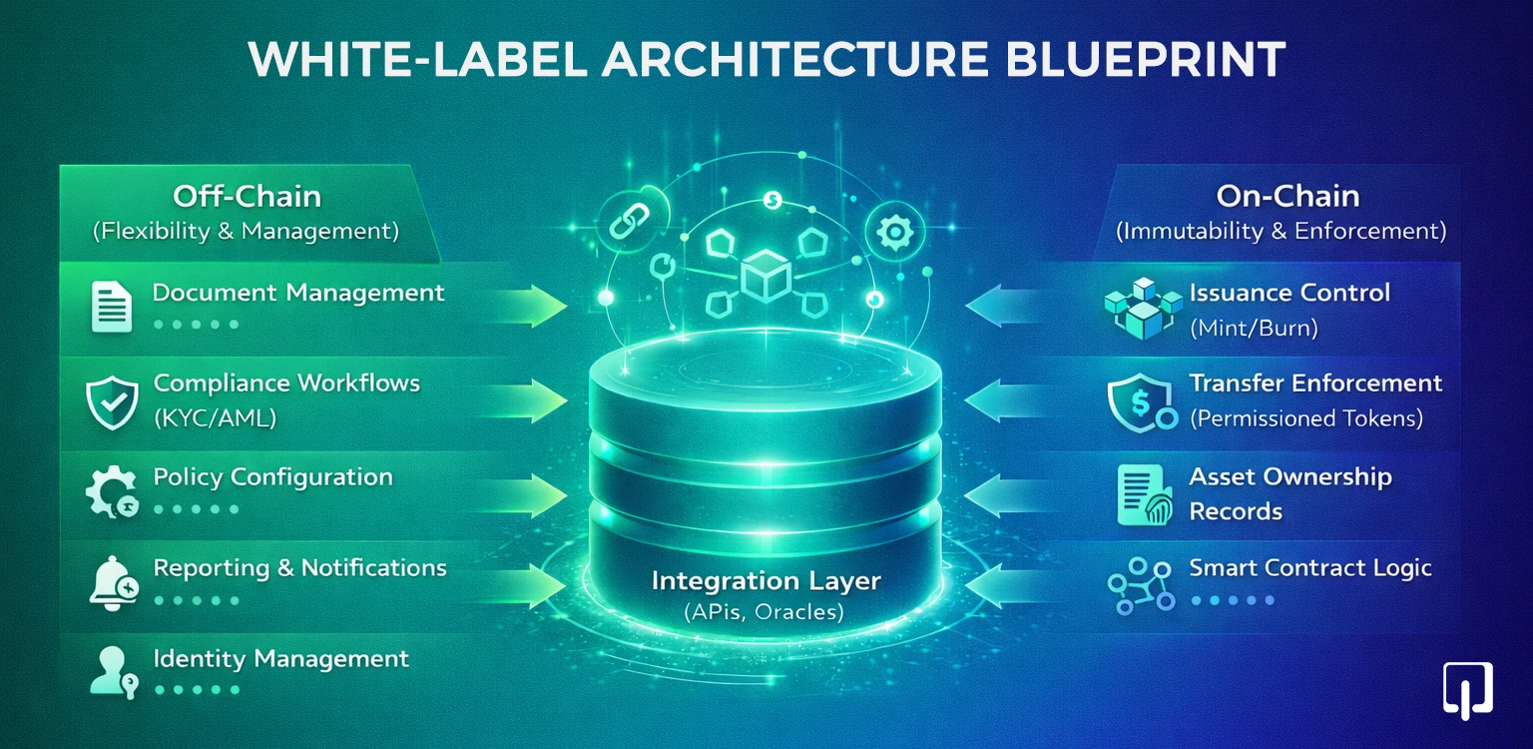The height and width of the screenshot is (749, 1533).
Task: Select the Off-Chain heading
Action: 247,196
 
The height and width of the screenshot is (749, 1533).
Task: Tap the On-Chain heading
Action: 1280,196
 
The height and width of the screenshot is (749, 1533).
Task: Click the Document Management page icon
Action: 111,307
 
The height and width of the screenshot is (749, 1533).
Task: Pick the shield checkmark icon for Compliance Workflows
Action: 111,401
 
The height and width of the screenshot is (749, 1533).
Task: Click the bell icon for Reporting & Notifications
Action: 111,583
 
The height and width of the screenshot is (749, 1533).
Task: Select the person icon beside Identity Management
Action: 109,670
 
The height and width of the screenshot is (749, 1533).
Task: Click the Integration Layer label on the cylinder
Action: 766,580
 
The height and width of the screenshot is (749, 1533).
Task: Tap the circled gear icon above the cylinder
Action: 892,232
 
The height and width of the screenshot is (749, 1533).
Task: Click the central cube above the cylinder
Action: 766,275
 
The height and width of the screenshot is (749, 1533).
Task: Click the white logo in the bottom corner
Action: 1467,689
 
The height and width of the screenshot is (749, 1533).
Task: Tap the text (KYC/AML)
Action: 215,418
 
